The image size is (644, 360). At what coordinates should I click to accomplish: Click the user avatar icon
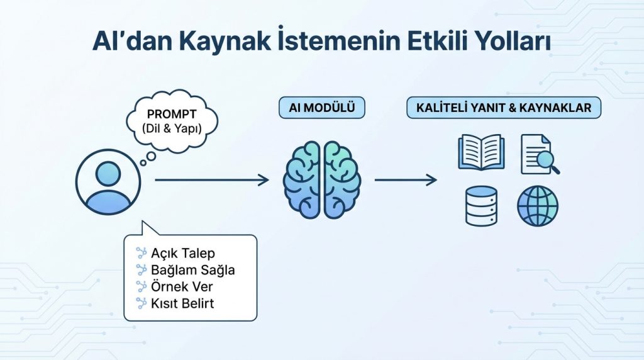pos(108,181)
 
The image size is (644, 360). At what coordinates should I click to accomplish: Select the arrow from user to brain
pos(211,181)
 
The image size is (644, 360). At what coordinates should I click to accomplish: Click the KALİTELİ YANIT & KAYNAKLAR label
pos(504,108)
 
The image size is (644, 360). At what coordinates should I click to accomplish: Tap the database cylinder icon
pos(481,206)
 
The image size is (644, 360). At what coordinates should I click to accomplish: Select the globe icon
pos(538,206)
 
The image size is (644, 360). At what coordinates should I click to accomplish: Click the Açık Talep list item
pos(183,254)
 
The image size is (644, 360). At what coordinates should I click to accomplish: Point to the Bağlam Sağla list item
pos(193,270)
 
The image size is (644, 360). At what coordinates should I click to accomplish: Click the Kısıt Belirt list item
pos(182,303)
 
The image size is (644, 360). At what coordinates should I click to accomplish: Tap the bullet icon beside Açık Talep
pos(141,253)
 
